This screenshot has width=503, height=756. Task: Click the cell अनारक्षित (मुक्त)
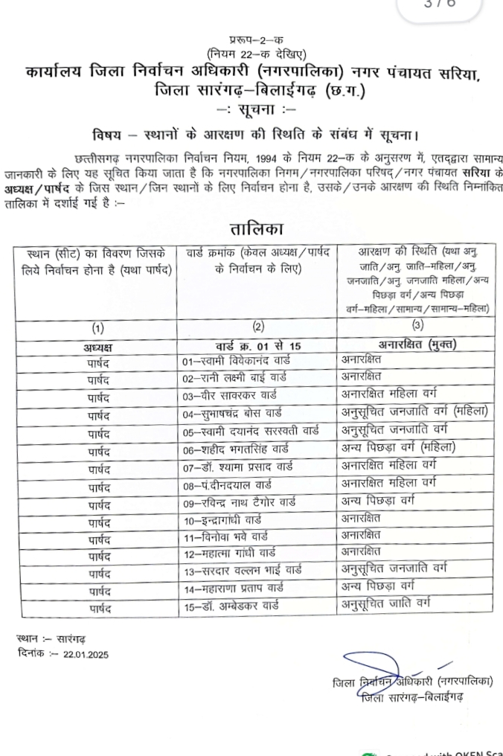(x=399, y=344)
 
